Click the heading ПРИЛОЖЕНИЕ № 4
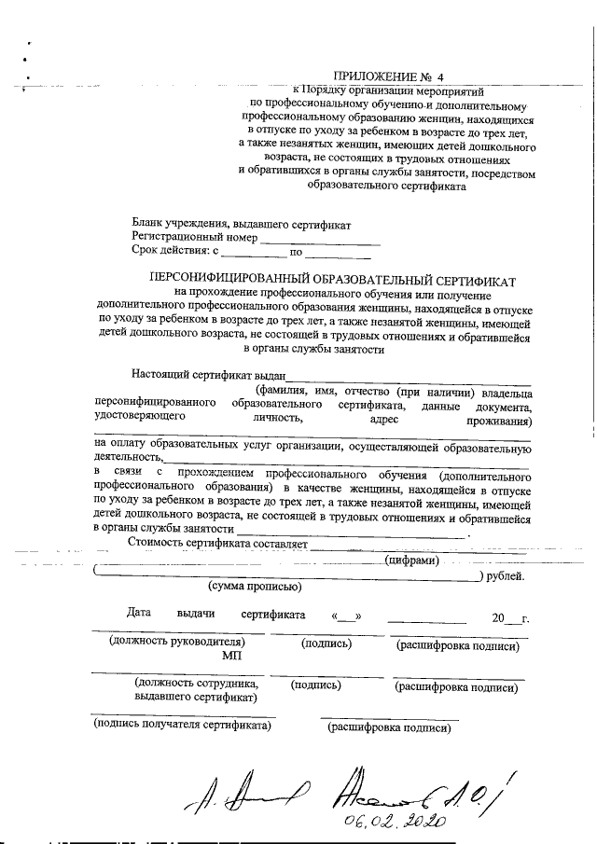pos(390,77)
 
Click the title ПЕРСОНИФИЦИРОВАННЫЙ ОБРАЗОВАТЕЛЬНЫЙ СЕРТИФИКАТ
pos(333,278)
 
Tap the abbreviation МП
pos(231,656)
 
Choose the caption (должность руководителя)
pos(177,643)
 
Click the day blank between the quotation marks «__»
pos(346,616)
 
